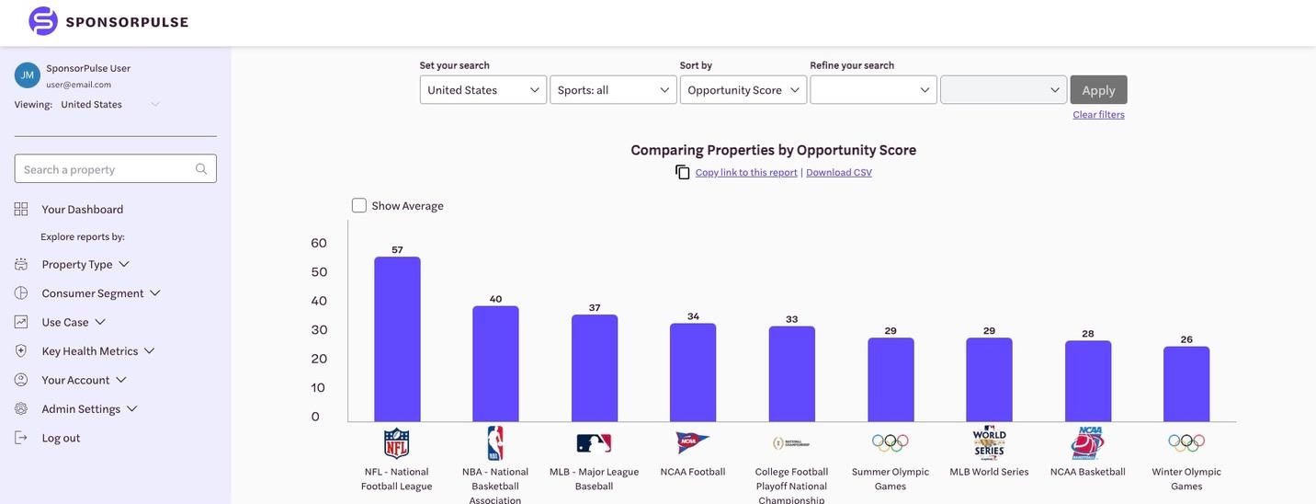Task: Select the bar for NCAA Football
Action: (693, 372)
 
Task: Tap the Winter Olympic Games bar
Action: (1186, 384)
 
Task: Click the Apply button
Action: (1098, 90)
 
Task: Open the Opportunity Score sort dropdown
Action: (743, 90)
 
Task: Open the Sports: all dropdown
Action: (613, 90)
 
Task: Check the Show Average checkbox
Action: (359, 205)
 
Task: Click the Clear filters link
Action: (1098, 114)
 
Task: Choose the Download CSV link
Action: (839, 172)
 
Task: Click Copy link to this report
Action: (746, 172)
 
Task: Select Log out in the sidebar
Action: (61, 438)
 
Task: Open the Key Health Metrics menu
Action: (90, 350)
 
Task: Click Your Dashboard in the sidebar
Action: (82, 209)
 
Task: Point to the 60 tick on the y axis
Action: (319, 243)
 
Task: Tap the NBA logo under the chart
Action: (495, 443)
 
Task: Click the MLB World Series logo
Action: (989, 442)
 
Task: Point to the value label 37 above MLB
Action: (595, 307)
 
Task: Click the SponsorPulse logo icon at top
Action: (43, 21)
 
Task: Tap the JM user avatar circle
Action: (28, 75)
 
